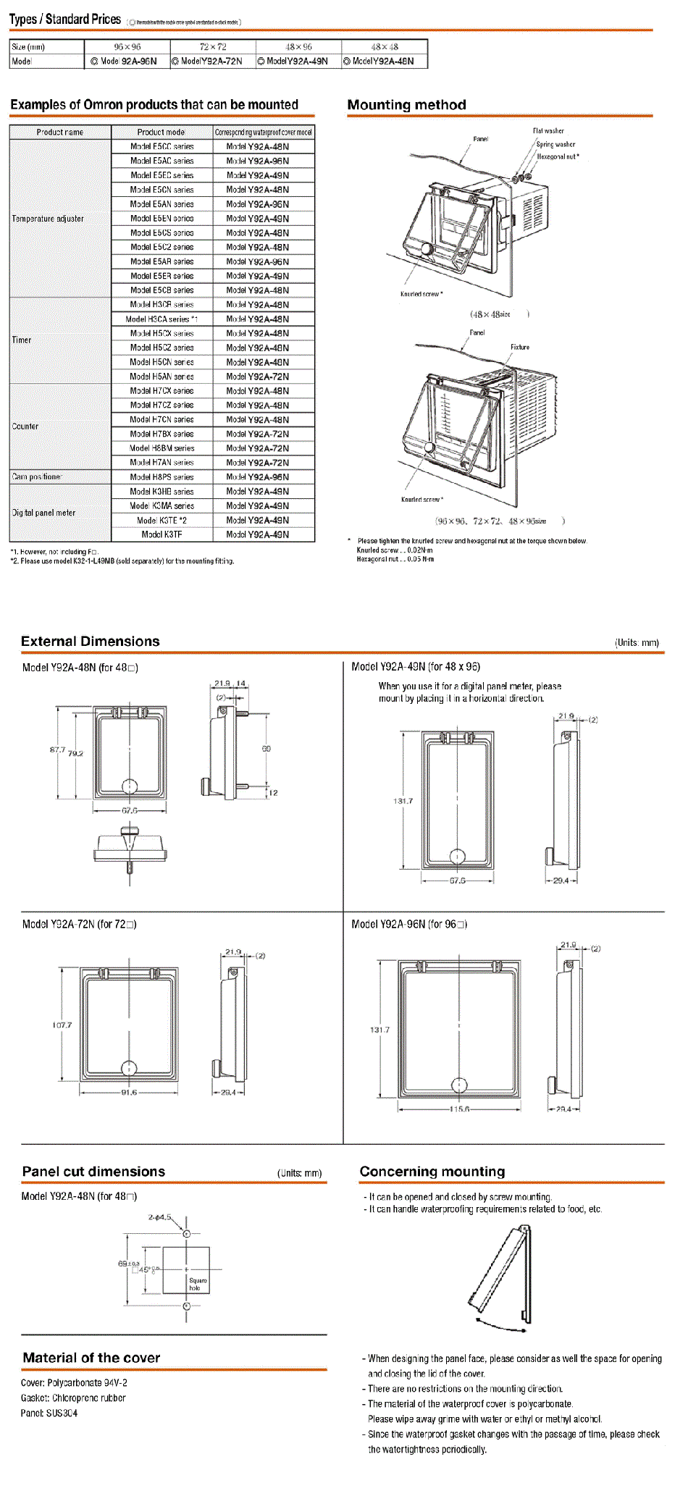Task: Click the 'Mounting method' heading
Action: [x=406, y=105]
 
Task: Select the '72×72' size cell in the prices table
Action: [x=213, y=47]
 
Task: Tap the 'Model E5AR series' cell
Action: [x=162, y=261]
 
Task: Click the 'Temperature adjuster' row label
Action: [x=48, y=219]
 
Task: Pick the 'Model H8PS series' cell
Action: [x=161, y=477]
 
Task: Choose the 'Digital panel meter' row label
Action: [x=43, y=513]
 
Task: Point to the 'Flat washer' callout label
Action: [x=548, y=131]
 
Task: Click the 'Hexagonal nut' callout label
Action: [x=558, y=156]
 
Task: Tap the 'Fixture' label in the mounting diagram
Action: [x=520, y=347]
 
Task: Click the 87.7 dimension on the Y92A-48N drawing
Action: [x=57, y=749]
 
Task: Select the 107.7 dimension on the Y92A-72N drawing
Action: [x=62, y=1025]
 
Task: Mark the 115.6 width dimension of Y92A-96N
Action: [x=459, y=1109]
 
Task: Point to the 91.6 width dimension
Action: [x=129, y=1093]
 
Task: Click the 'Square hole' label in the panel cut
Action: [x=198, y=1284]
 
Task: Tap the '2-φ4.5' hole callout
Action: [x=159, y=1217]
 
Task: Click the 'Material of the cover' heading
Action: [x=91, y=1358]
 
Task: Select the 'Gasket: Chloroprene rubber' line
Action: [x=73, y=1398]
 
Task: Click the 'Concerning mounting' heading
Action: [x=432, y=1172]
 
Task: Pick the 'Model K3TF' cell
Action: [x=161, y=534]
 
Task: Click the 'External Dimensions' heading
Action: [x=91, y=642]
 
